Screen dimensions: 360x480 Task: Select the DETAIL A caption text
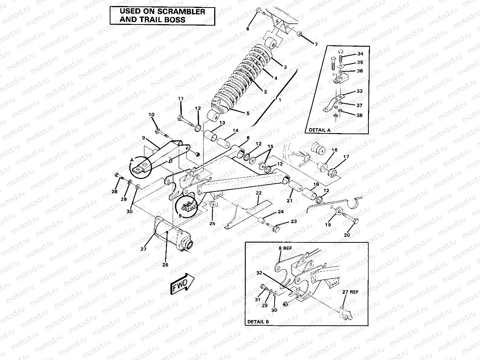click(319, 130)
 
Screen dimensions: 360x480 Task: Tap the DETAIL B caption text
click(258, 322)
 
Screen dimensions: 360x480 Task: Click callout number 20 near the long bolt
click(347, 235)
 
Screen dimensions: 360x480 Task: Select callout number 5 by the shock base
click(248, 113)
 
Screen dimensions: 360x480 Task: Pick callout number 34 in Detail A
click(360, 54)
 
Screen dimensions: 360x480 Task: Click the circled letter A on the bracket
click(132, 160)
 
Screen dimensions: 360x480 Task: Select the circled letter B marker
click(179, 216)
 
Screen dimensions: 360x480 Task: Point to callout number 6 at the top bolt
click(248, 29)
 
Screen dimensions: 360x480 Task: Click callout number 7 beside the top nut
click(316, 44)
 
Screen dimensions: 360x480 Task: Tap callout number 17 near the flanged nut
click(346, 157)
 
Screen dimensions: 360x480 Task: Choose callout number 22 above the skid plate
click(258, 193)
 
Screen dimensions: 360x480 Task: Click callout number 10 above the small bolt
click(152, 115)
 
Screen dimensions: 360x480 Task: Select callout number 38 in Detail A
click(359, 115)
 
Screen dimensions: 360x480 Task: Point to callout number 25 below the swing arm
click(212, 224)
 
